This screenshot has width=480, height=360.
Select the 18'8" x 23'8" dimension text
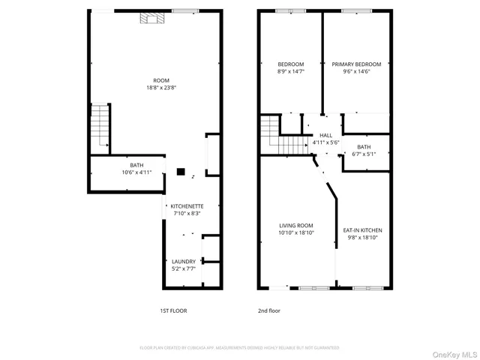point(161,88)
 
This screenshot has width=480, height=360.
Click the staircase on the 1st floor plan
point(100,127)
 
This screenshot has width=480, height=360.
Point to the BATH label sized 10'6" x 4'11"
point(136,165)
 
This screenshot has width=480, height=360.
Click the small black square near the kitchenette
point(181,171)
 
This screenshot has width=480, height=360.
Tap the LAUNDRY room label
point(184,262)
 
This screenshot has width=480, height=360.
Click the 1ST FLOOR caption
point(173,310)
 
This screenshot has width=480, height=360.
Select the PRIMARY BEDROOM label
point(357,64)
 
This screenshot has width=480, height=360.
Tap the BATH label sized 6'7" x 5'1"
point(364,147)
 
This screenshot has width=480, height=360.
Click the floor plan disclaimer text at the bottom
point(240,348)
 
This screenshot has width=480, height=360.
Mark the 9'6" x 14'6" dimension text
point(357,72)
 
